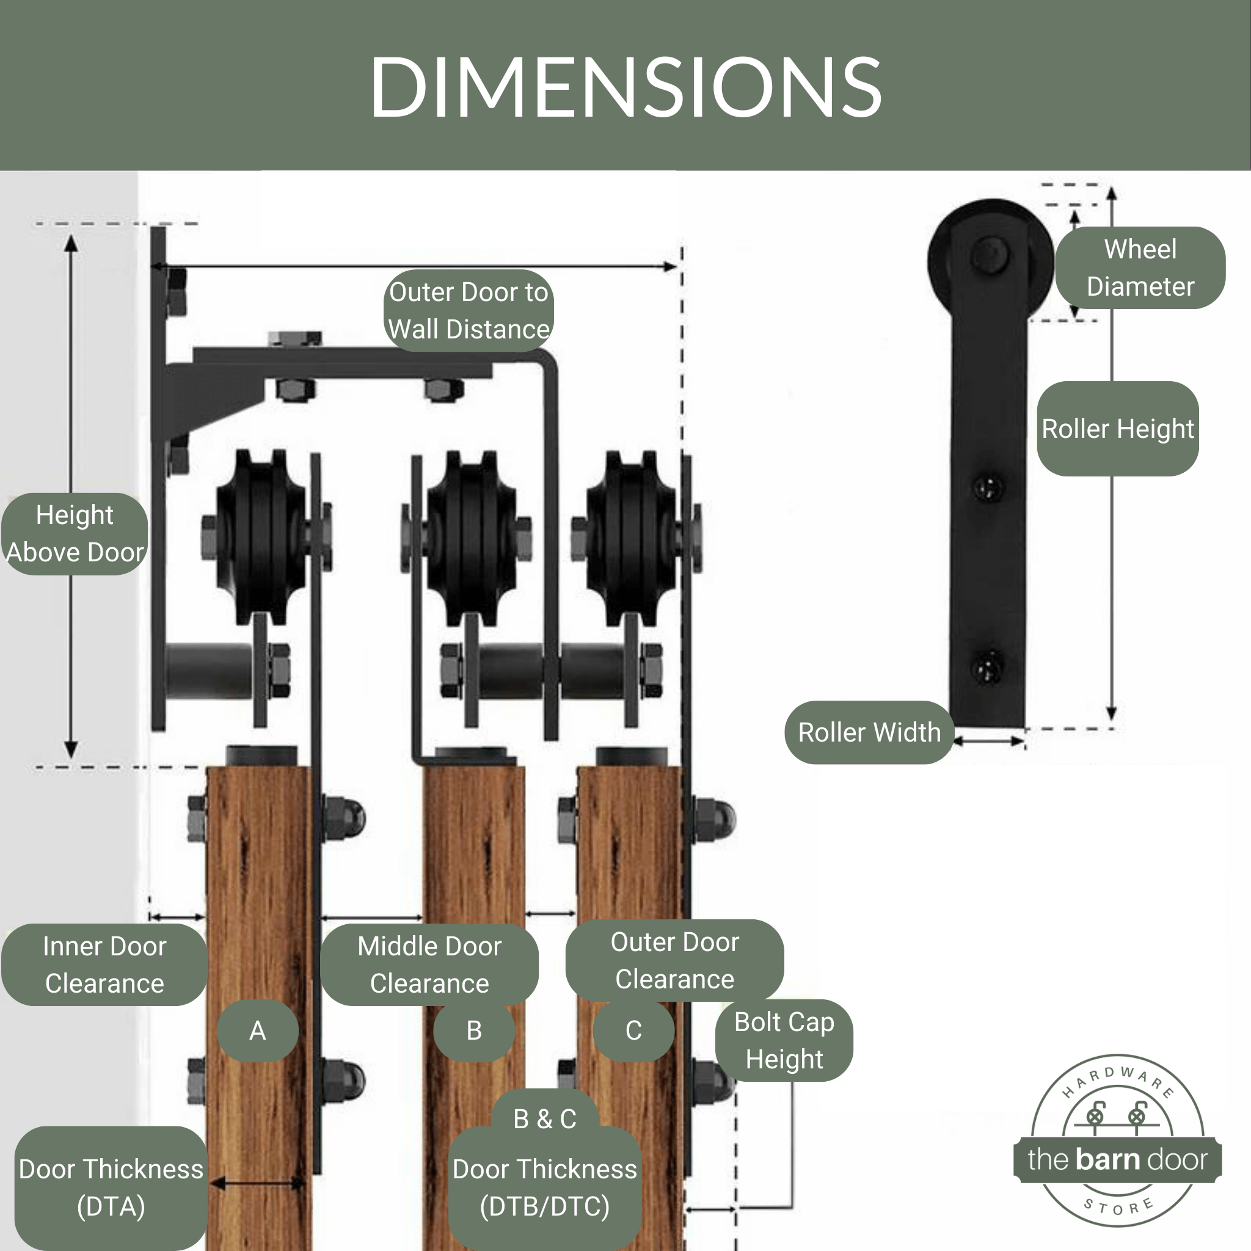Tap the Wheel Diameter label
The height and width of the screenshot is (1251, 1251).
[1140, 268]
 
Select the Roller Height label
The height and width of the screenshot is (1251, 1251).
[1117, 429]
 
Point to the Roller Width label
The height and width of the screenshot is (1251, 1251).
[869, 732]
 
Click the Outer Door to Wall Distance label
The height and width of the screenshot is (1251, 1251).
[469, 311]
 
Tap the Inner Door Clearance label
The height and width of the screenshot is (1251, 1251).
[104, 964]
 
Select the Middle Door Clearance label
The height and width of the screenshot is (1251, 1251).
[429, 964]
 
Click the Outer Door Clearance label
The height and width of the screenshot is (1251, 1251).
[674, 960]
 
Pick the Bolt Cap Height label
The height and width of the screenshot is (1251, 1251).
[784, 1040]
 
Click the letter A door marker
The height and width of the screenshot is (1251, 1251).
[257, 1030]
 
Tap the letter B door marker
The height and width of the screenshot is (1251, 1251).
[474, 1030]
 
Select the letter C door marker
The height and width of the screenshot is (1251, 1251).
[633, 1030]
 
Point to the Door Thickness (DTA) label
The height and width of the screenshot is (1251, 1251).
[111, 1187]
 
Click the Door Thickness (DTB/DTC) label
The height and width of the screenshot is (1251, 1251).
[544, 1187]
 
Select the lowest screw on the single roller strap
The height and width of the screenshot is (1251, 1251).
[988, 666]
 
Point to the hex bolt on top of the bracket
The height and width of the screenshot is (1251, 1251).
[294, 338]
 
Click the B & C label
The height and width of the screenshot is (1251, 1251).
[544, 1118]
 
